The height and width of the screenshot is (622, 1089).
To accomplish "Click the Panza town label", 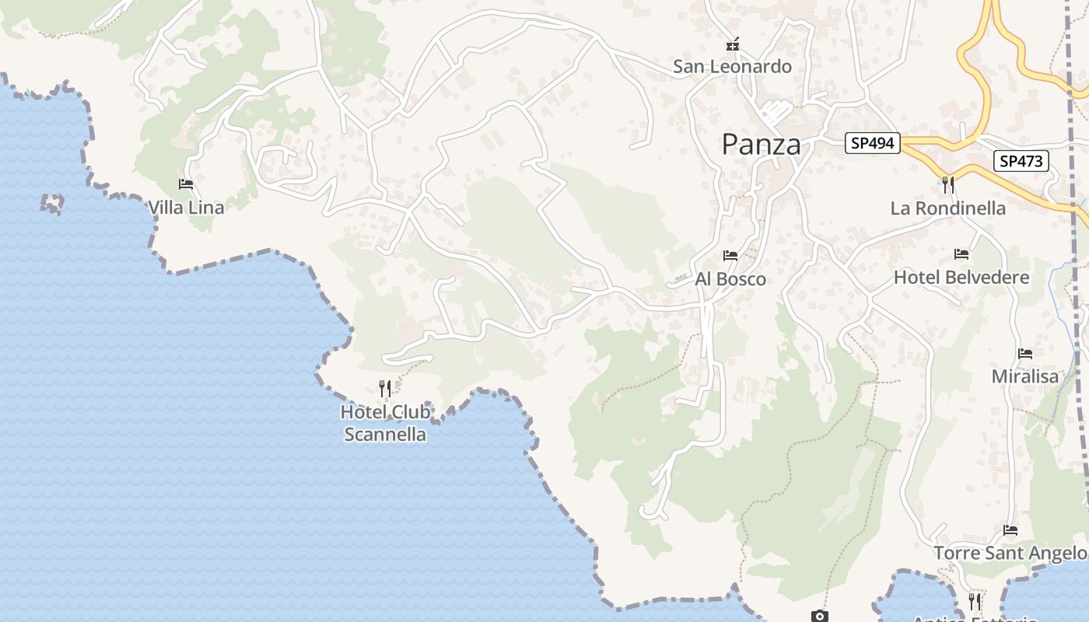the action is [761, 145].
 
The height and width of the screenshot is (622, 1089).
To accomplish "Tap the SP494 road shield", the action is [873, 143].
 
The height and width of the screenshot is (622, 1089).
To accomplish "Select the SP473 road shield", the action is [1021, 161].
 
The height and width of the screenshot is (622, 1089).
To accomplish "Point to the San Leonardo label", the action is [732, 67].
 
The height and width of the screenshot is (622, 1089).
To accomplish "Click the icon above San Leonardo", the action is [732, 44].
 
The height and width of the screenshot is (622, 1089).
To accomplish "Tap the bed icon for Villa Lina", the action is [186, 184].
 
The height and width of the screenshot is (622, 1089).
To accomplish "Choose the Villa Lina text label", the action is [186, 208].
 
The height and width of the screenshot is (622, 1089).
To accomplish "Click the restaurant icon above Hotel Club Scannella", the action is [385, 388].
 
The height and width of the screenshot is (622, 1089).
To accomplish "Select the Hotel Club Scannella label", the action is [385, 423].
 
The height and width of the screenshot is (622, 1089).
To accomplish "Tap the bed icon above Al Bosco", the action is [730, 255].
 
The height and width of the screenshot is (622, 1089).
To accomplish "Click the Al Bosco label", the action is [730, 279].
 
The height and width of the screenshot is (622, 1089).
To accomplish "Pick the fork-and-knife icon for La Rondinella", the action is [947, 184].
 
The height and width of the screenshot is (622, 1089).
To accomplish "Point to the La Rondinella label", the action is [947, 208].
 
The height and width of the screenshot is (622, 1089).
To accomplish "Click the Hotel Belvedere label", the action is [961, 278].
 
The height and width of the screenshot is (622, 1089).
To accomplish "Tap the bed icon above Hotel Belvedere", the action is [961, 254].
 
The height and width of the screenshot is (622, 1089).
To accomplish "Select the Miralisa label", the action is [1024, 377].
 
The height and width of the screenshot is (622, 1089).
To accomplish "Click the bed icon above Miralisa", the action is [1025, 353].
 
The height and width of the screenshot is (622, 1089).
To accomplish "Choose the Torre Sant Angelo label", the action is [1010, 553].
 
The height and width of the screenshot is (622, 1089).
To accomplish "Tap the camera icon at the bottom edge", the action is [819, 616].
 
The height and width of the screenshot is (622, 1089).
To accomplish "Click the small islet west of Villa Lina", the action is [52, 204].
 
